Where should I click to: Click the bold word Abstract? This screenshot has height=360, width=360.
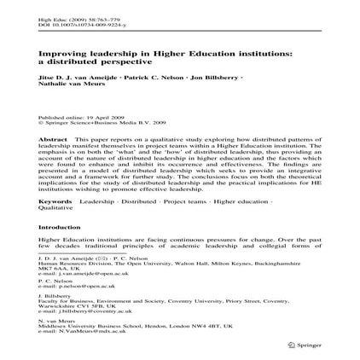pos(53,136)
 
